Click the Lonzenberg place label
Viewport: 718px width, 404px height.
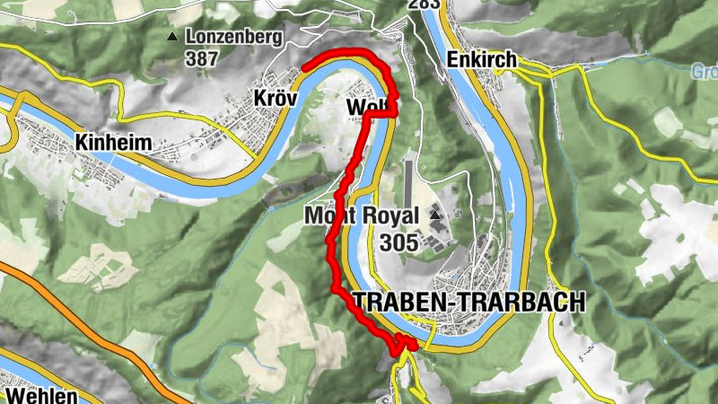234,38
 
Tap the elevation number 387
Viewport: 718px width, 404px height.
203,58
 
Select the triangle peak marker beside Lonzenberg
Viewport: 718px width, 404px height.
171,37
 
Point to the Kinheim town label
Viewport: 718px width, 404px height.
115,142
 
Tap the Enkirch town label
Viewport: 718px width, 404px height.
481,60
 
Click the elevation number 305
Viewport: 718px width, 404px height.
398,242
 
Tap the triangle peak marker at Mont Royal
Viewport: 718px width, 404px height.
436,215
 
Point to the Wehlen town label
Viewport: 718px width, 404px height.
39,394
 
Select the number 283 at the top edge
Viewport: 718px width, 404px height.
424,4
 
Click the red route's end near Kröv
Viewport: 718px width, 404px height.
306,66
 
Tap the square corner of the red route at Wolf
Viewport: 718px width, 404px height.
393,113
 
